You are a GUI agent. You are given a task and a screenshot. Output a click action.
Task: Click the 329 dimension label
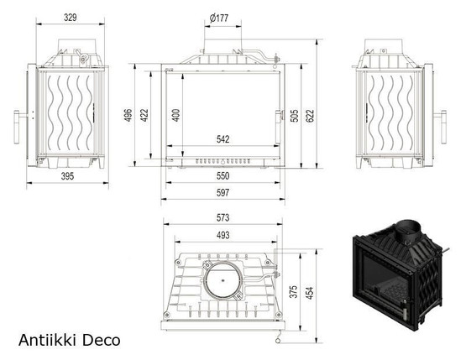(x=71, y=18)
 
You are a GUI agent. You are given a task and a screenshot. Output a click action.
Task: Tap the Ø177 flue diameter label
(x=219, y=18)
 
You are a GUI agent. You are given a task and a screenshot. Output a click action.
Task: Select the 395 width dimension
(x=67, y=176)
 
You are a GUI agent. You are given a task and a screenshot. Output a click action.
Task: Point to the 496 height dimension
(x=128, y=115)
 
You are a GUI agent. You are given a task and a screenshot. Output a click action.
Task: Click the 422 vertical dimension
(x=144, y=115)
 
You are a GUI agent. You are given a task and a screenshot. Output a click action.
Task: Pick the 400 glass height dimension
(x=176, y=115)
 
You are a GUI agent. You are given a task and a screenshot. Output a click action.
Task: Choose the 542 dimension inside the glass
(x=223, y=139)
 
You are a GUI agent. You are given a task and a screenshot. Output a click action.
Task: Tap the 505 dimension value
(x=294, y=116)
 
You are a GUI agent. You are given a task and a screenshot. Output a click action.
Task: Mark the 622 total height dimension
(x=310, y=116)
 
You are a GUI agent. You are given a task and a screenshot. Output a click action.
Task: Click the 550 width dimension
(x=223, y=176)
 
